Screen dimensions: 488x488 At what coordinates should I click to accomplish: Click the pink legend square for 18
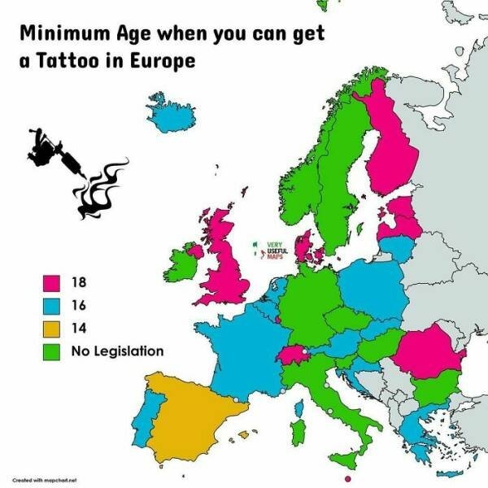click(52, 283)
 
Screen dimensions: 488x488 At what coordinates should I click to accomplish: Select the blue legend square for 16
click(52, 306)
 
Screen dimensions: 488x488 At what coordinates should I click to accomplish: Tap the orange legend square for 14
click(52, 329)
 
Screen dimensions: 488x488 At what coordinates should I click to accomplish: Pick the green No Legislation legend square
click(52, 351)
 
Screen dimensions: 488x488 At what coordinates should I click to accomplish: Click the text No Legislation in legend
click(117, 351)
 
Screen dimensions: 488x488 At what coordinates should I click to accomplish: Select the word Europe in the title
click(167, 63)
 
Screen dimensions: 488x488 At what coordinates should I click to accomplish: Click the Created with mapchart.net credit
click(49, 481)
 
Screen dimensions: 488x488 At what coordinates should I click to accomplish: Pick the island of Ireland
click(184, 263)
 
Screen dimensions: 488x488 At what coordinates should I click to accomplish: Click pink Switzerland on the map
click(292, 355)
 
